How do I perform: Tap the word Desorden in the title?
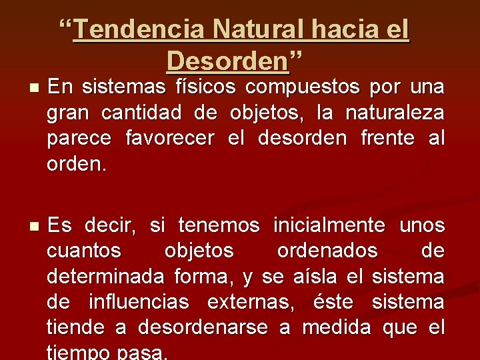point(228,61)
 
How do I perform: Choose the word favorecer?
point(169,139)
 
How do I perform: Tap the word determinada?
point(107,277)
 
